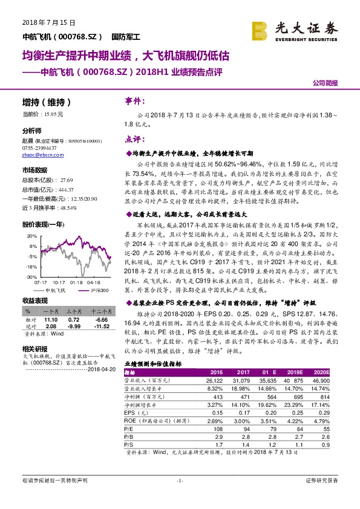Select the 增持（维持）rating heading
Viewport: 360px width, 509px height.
(x=47, y=102)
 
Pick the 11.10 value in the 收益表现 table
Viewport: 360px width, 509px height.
(x=51, y=320)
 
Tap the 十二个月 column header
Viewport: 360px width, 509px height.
(x=99, y=311)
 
